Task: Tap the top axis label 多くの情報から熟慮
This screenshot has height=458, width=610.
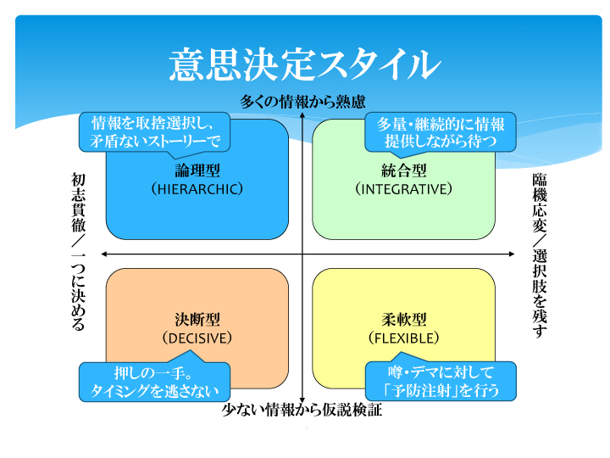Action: point(302,102)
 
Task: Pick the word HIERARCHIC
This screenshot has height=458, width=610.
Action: point(197,188)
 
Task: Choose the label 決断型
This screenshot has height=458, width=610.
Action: point(197,320)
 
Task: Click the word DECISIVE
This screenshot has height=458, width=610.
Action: point(197,338)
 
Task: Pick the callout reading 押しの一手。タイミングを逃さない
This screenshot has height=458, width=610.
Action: point(154,382)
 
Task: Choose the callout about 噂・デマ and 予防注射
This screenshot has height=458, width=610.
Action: point(440,382)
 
